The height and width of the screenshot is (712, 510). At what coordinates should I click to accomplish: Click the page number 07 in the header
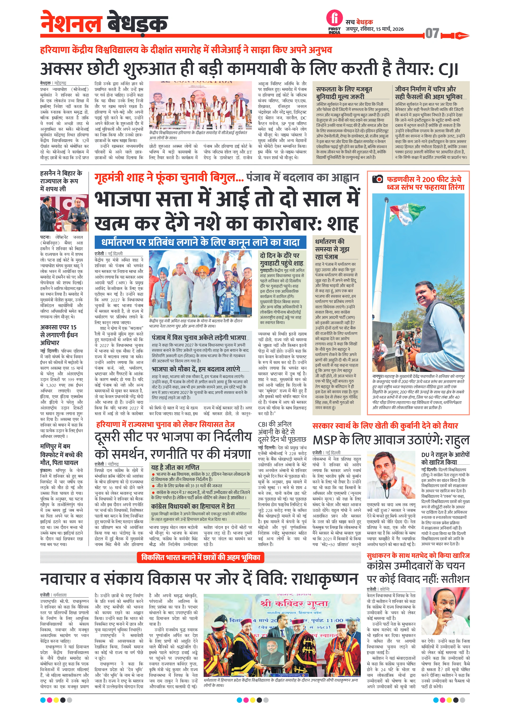432,33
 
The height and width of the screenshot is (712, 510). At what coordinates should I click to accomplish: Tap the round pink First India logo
335,18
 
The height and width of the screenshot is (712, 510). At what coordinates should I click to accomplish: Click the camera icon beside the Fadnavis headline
377,179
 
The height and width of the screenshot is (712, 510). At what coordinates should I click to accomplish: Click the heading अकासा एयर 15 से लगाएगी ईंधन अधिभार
59,335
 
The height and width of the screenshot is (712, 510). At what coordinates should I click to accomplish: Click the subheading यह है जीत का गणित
175,467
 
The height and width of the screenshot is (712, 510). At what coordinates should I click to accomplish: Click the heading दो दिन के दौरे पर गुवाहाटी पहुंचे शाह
281,259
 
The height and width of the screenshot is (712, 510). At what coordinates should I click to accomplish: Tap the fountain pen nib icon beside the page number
458,35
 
